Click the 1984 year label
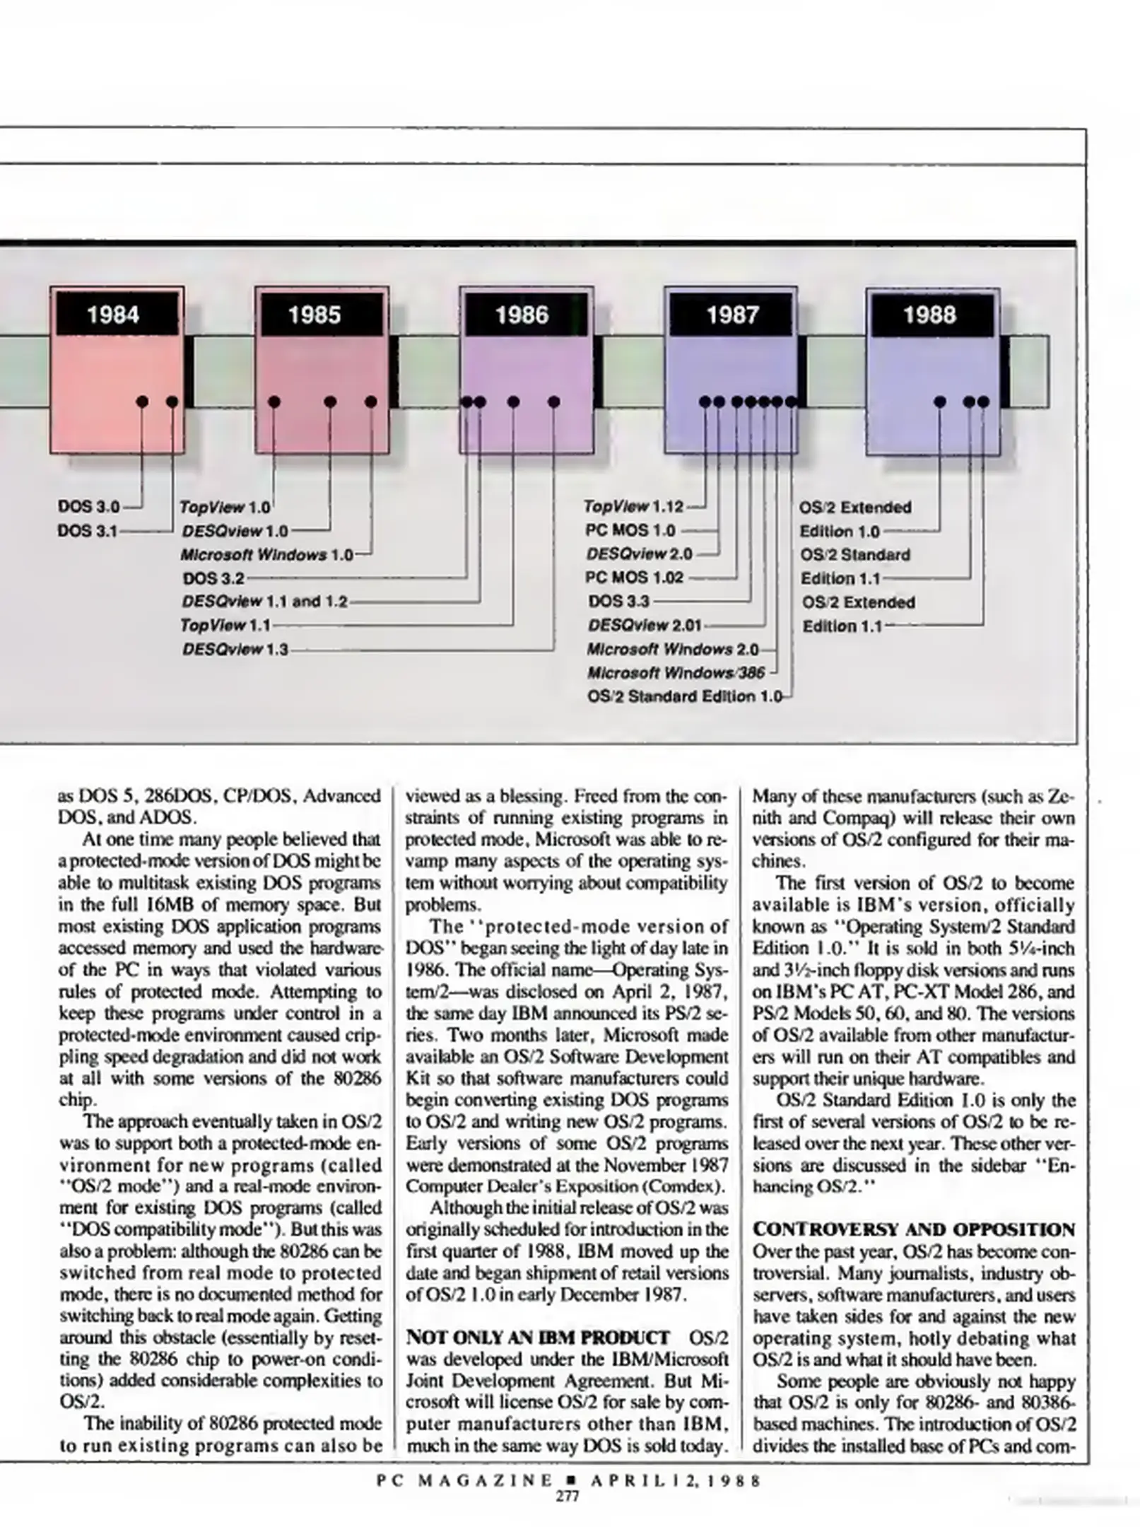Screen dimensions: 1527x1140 click(113, 315)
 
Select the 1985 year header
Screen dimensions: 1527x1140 click(315, 315)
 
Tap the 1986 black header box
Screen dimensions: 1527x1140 click(522, 315)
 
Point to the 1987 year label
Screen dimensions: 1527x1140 click(732, 315)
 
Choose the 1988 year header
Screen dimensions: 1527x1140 click(929, 315)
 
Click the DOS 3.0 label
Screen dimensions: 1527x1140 click(89, 507)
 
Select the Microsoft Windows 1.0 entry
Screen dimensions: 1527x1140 click(266, 555)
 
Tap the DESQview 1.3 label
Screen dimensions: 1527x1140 click(235, 649)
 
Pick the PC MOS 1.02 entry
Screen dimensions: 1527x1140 click(635, 578)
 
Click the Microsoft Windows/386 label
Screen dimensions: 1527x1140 click(676, 673)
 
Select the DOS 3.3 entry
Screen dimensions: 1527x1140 click(618, 602)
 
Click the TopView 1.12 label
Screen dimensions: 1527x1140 click(634, 507)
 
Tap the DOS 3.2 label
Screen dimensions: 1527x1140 click(213, 578)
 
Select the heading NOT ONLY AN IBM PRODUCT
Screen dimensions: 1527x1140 click(538, 1338)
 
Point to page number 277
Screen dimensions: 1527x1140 click(568, 1497)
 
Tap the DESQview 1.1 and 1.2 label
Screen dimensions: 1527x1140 click(265, 602)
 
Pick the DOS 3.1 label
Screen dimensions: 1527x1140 click(88, 530)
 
